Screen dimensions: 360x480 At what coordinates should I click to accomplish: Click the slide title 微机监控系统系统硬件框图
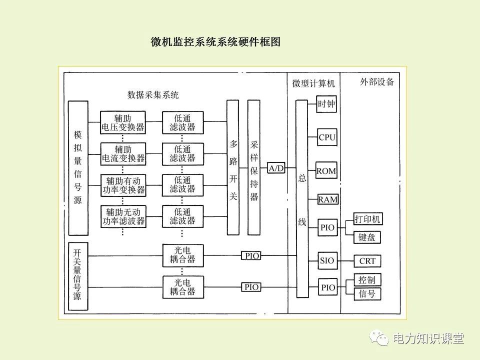[215, 42]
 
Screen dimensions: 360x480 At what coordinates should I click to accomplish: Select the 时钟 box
[326, 104]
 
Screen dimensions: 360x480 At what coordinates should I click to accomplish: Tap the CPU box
[327, 137]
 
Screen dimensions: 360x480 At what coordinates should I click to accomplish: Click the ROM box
[326, 171]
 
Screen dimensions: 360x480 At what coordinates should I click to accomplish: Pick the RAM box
[327, 199]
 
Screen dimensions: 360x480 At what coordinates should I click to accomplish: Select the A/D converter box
[276, 168]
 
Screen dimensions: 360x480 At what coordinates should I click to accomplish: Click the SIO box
[327, 260]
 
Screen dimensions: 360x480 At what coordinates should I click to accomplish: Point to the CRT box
[367, 261]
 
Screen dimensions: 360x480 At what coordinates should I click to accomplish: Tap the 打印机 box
[367, 219]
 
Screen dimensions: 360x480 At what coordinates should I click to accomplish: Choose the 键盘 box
[367, 237]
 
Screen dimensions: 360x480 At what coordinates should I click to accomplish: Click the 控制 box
[367, 279]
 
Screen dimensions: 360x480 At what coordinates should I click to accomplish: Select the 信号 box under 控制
[367, 294]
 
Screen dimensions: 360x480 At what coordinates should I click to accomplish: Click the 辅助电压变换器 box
[122, 122]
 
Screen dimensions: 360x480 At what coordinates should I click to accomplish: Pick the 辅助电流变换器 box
[123, 154]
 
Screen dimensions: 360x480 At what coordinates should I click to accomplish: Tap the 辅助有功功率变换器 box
[123, 185]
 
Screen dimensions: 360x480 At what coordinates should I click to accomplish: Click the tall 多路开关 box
[233, 167]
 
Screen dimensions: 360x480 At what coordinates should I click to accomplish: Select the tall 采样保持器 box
[254, 167]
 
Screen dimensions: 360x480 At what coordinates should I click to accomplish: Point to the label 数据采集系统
[153, 94]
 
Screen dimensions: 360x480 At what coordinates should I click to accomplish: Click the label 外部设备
[376, 82]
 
